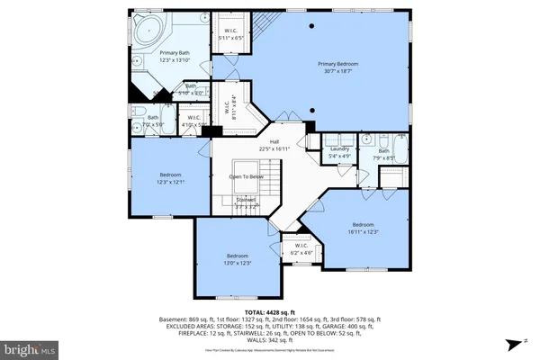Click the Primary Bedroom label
[334, 65]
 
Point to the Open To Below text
[245, 177]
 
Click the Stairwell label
[245, 201]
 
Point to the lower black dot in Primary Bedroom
[313, 108]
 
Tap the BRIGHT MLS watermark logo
[29, 347]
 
